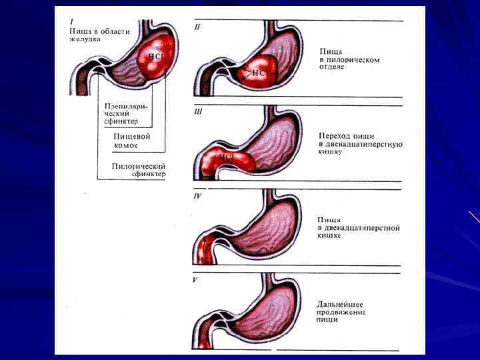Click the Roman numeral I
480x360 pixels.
coord(72,21)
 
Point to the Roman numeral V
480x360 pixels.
coord(195,280)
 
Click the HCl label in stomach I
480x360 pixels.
coord(155,57)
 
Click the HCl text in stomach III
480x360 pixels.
coord(226,157)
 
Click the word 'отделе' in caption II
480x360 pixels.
coord(331,67)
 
